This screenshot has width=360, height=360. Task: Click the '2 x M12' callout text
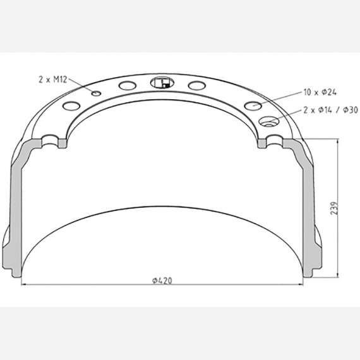click(x=52, y=79)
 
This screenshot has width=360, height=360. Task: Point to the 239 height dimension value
click(x=334, y=208)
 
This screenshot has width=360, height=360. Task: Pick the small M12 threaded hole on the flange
click(x=95, y=93)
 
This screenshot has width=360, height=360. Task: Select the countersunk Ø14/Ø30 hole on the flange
click(x=270, y=122)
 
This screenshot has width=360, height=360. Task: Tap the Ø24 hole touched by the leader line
click(x=253, y=104)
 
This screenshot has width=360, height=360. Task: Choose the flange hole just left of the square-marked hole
click(x=127, y=85)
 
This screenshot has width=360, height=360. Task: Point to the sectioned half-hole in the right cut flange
click(x=274, y=141)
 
